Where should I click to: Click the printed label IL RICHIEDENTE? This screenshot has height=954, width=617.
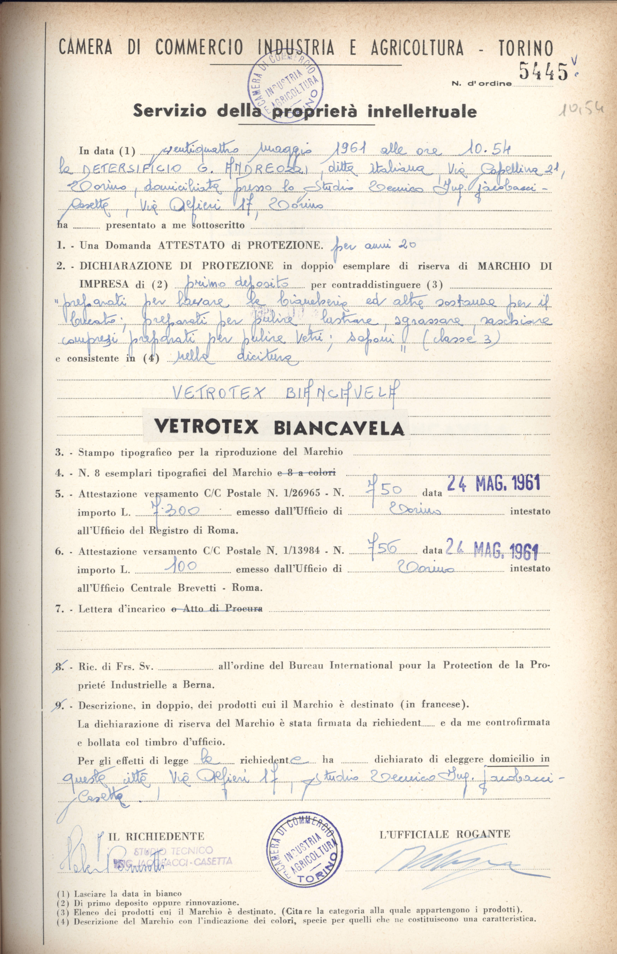click(x=156, y=836)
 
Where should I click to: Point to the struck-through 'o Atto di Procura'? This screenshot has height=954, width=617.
click(x=217, y=609)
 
